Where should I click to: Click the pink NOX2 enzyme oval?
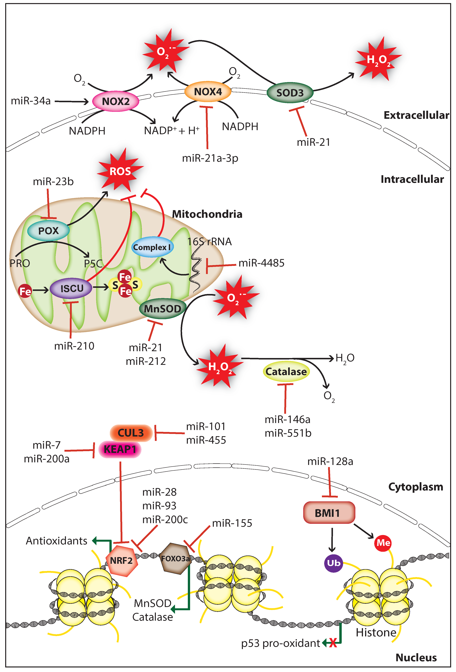click(116, 101)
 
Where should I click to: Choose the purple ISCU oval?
click(71, 288)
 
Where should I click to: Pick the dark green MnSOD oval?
click(162, 308)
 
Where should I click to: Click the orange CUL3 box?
click(131, 433)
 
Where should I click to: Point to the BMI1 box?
click(329, 513)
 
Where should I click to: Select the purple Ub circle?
click(334, 563)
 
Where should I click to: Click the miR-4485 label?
click(261, 263)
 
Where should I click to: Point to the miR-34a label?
click(31, 101)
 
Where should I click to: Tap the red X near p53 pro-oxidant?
click(333, 643)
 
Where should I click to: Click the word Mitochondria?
click(207, 214)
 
